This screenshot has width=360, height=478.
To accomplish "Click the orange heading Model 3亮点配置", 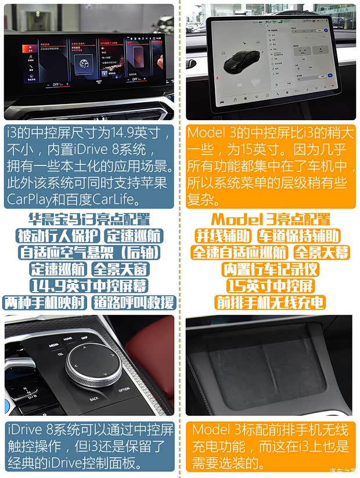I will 270,220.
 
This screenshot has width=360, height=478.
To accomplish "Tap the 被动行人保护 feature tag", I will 58,236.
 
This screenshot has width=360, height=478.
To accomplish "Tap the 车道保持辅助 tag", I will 298,236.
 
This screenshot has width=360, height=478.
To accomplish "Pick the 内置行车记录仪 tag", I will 270,269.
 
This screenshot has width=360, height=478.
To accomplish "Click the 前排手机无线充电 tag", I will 270,303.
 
